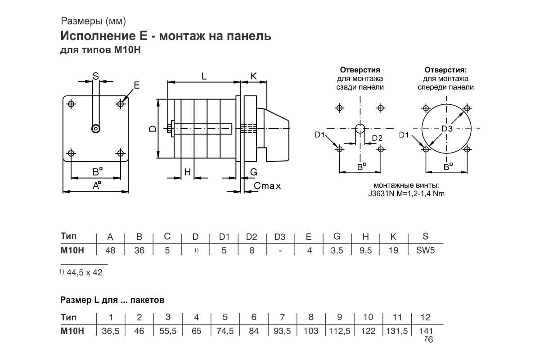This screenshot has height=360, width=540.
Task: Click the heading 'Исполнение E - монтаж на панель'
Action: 166,36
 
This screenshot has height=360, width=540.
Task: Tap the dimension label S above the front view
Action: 95,76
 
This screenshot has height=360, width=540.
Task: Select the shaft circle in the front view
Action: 95,129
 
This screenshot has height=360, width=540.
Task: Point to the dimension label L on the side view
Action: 204,76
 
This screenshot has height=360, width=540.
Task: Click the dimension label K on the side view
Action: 253,76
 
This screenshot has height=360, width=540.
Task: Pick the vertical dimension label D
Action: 153,129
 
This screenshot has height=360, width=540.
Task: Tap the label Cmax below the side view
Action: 267,185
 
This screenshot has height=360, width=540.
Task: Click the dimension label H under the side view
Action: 188,172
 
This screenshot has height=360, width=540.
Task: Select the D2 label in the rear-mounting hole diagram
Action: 377,138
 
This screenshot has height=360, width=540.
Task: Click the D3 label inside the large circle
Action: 446,129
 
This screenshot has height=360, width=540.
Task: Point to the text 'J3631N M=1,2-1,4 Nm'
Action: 406,194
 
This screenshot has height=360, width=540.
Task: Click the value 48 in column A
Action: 111,251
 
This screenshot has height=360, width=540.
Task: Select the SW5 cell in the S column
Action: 425,251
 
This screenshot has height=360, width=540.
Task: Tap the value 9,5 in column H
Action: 365,251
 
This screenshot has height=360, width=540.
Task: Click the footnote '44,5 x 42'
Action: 84,272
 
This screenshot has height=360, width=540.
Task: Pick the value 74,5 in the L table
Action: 225,331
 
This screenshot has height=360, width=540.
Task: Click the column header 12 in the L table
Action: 425,317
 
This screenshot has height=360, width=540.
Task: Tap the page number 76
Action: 428,340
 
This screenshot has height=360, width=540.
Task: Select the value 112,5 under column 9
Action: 340,331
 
